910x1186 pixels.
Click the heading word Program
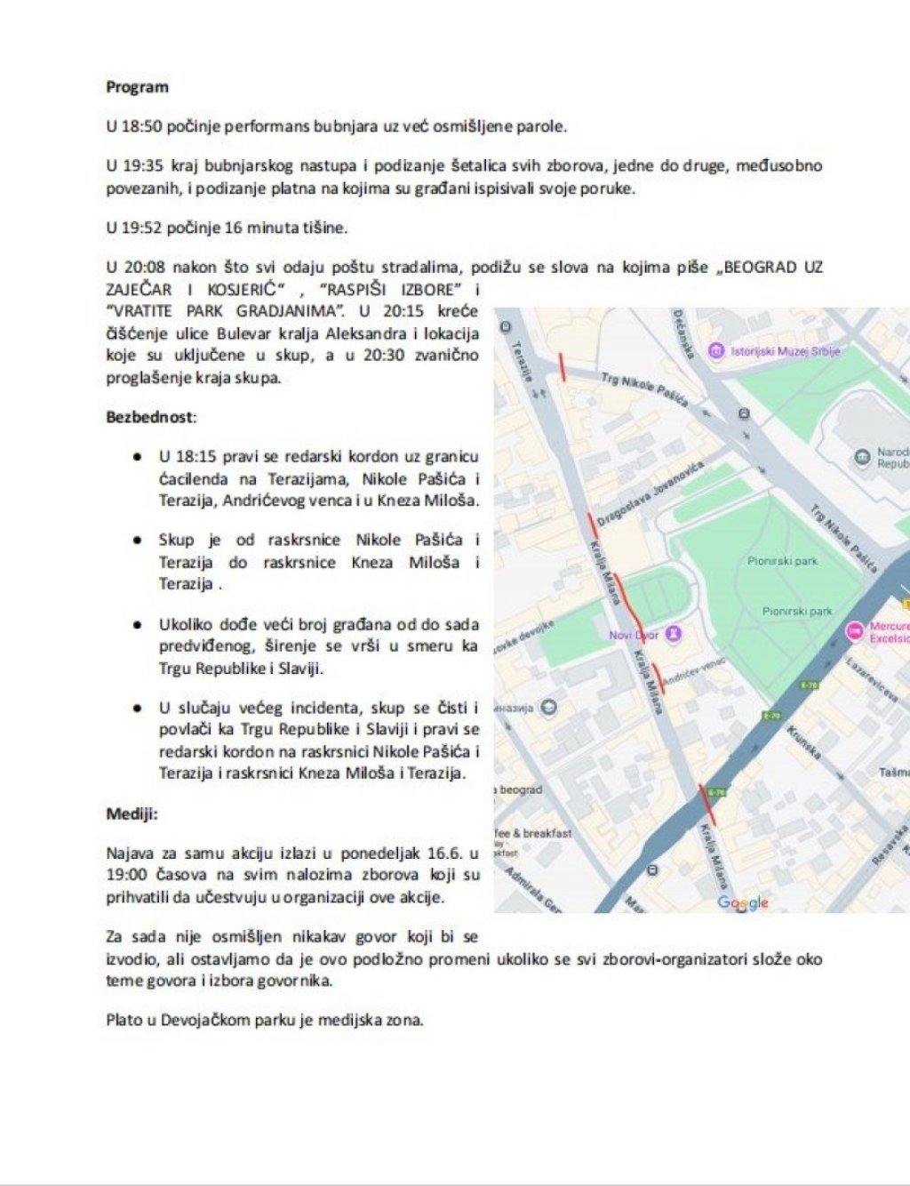tap(137, 87)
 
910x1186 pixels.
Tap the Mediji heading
tap(132, 813)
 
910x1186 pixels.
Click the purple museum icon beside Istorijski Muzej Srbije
tap(716, 351)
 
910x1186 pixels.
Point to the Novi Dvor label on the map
tap(633, 635)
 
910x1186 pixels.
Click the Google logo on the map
tap(743, 902)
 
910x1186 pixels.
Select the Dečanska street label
tap(684, 333)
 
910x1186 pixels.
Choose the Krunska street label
tap(802, 742)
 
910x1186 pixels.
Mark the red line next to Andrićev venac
tap(658, 678)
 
